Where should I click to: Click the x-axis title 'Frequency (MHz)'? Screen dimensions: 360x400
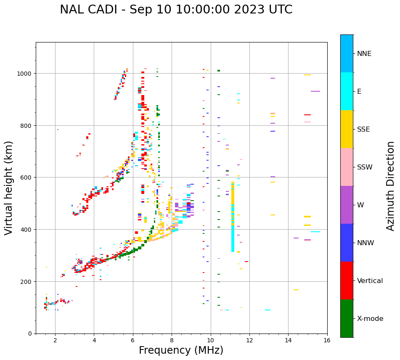tap(181, 350)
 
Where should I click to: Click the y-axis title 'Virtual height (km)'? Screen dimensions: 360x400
tap(9, 188)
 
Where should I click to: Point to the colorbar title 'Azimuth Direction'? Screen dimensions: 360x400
tap(391, 186)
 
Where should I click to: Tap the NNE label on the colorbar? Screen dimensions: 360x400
tap(364, 53)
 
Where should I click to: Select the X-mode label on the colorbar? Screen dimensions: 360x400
tap(370, 318)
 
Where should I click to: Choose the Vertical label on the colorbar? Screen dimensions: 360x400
tap(370, 281)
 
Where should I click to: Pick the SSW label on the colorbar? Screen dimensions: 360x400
tap(365, 167)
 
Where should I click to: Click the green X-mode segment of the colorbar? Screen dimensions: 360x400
tap(347, 318)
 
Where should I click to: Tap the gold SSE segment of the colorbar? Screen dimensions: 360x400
tap(347, 129)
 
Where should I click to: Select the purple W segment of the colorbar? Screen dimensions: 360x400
tap(347, 205)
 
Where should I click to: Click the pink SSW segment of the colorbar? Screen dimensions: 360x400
tap(347, 167)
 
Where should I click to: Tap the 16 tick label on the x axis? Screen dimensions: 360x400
tap(327, 341)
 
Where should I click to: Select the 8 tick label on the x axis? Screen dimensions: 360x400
tap(172, 341)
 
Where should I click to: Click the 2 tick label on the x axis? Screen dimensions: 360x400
tap(55, 341)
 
